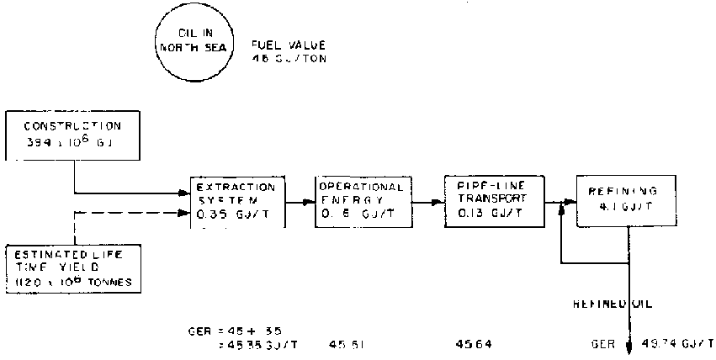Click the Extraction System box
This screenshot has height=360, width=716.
coord(238,202)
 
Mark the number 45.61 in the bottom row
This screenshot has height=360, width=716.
coord(346,344)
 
